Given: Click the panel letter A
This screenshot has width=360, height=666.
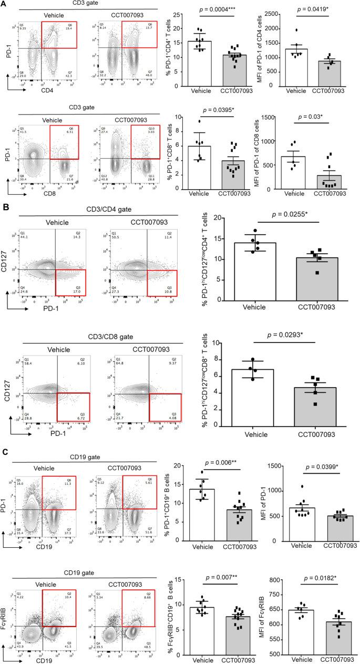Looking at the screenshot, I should (5, 5).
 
